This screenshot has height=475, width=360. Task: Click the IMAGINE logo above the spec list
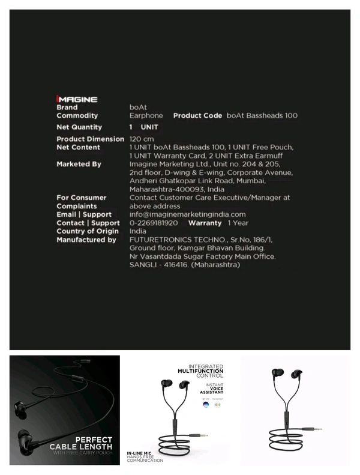coord(77,99)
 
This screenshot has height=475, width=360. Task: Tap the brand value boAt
coord(138,107)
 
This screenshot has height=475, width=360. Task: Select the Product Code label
coord(197,115)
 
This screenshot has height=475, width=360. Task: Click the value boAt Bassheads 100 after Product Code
coord(262,115)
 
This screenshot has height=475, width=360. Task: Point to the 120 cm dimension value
coord(142,139)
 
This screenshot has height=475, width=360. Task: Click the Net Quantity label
coord(79,127)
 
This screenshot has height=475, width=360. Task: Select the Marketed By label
coord(79,164)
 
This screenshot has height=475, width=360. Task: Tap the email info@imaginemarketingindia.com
coord(188,214)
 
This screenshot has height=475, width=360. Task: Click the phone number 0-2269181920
coord(154,223)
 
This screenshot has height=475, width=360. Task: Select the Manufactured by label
coord(86,240)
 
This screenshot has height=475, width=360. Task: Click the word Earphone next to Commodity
coord(146,115)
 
